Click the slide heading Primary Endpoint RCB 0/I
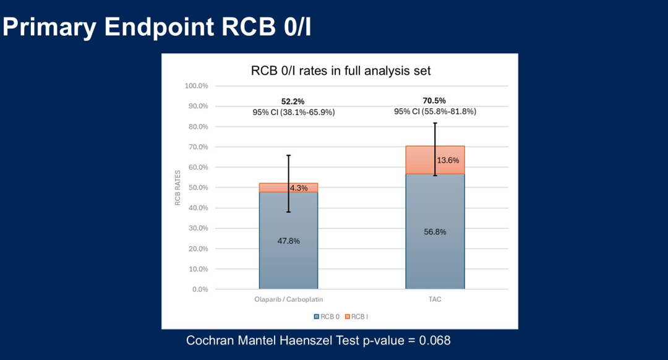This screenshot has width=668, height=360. click(x=157, y=27)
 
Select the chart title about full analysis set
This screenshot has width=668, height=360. click(x=341, y=71)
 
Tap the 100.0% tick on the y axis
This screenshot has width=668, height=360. click(x=196, y=85)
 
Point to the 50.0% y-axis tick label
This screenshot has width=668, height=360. click(x=197, y=187)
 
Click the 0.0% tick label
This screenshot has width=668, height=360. click(x=199, y=289)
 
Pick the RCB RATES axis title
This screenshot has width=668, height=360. click(x=178, y=187)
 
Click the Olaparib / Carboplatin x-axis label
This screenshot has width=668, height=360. click(x=288, y=299)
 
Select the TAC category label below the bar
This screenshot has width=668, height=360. click(x=434, y=299)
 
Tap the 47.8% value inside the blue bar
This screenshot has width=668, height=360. click(x=288, y=241)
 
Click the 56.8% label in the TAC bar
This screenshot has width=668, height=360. click(x=435, y=232)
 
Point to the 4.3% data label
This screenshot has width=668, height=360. click(x=299, y=188)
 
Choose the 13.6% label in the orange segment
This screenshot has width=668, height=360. click(x=448, y=160)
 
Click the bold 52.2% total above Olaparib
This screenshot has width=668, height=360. click(x=293, y=101)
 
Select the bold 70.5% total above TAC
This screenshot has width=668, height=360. click(x=435, y=101)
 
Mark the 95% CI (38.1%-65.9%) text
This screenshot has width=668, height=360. click(x=293, y=113)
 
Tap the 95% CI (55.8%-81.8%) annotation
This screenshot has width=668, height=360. click(x=435, y=112)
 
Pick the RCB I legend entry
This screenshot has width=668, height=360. click(x=356, y=316)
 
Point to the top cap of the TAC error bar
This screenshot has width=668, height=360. click(x=435, y=123)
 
